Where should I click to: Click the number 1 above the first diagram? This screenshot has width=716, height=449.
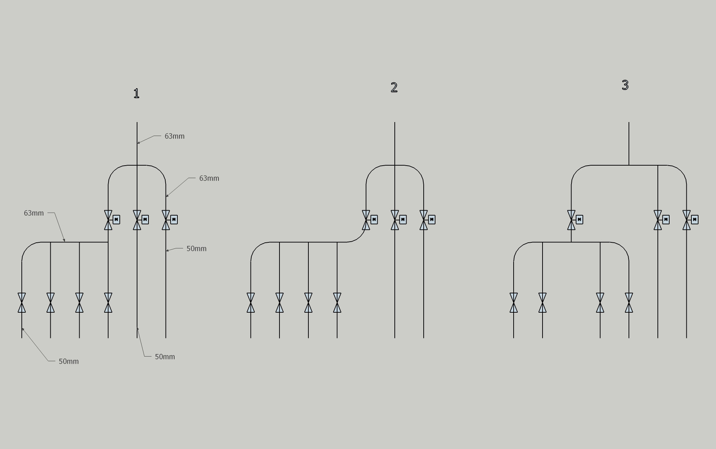(136, 93)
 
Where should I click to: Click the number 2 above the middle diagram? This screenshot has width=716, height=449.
(394, 87)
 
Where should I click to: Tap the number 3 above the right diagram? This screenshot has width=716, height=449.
(625, 85)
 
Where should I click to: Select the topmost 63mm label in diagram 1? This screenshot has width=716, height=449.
(175, 136)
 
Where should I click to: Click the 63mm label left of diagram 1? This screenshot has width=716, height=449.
(34, 213)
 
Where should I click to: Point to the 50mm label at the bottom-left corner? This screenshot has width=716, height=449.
(69, 361)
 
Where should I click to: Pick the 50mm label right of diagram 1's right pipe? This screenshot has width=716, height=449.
(196, 248)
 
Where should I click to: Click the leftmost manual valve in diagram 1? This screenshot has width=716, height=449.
(22, 303)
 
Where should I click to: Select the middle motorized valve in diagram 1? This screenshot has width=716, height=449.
(137, 220)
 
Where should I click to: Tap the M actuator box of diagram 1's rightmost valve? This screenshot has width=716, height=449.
(174, 220)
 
